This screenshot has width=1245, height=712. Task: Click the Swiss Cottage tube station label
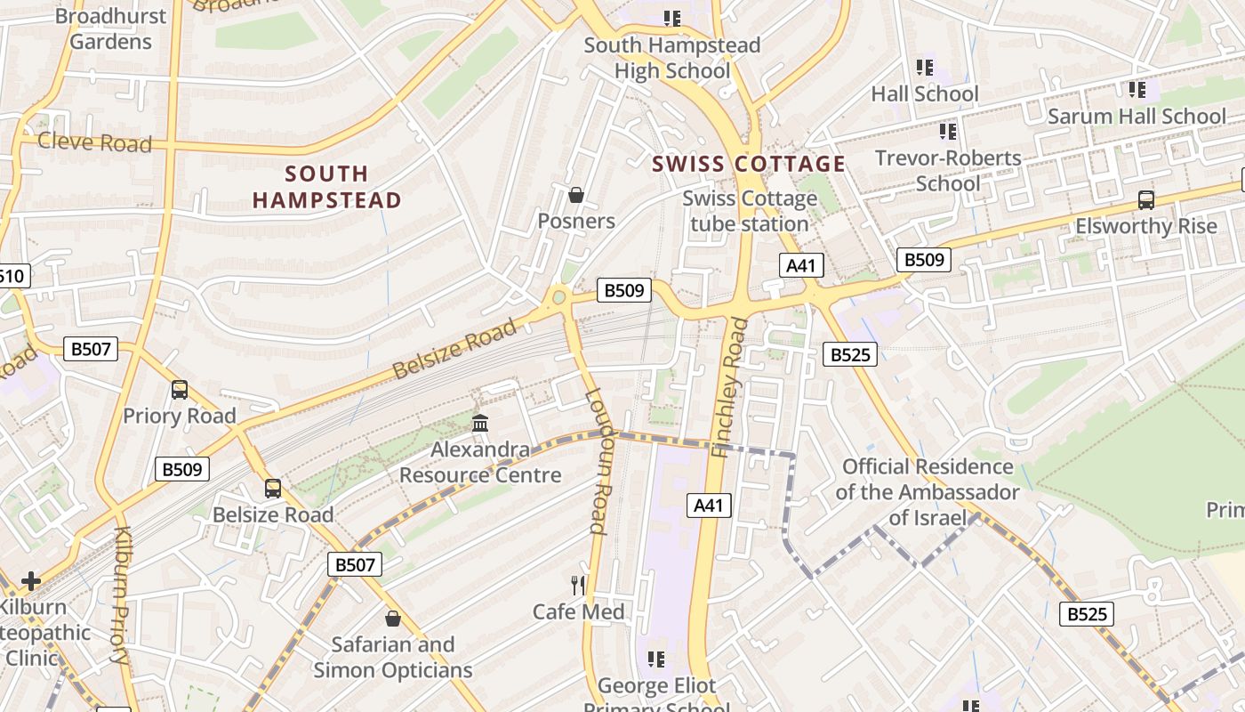click(750, 211)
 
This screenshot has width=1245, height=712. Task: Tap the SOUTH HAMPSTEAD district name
click(326, 187)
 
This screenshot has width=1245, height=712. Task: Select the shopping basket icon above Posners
click(576, 195)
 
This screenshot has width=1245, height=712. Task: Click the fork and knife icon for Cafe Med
click(578, 585)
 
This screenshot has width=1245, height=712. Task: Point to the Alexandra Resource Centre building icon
click(480, 423)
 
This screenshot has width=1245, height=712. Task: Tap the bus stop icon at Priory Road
click(180, 390)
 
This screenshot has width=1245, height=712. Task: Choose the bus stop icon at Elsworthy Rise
click(1146, 200)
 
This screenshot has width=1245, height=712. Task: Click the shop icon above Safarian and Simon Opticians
click(392, 618)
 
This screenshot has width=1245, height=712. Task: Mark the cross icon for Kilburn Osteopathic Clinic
click(31, 581)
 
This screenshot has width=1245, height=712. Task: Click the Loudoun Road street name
click(597, 461)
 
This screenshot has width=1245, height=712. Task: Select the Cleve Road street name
click(95, 142)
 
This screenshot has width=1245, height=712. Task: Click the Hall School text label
click(924, 93)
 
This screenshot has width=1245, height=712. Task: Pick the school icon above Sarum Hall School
click(1137, 90)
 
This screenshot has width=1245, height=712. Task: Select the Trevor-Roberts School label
click(948, 171)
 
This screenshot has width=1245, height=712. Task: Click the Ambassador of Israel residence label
click(927, 492)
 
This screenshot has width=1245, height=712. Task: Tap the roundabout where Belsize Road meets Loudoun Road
click(559, 297)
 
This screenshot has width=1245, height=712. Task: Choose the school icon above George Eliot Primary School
click(656, 659)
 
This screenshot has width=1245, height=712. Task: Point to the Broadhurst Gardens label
click(111, 28)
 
